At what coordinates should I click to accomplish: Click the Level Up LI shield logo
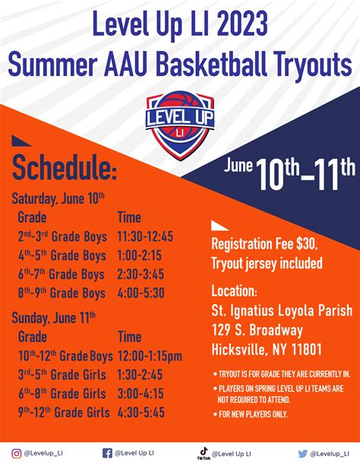(x=180, y=125)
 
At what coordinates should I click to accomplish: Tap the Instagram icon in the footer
(x=17, y=454)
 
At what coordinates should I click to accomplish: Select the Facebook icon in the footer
(x=107, y=453)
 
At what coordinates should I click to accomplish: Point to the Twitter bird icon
(x=303, y=454)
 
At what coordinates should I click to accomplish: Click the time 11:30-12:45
(x=145, y=237)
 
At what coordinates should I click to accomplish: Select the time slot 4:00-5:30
(x=141, y=293)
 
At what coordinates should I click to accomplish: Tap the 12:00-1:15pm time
(x=150, y=356)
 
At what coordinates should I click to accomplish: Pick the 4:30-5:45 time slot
(x=141, y=413)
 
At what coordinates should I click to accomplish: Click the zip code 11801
(x=307, y=349)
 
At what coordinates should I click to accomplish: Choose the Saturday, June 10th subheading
(x=58, y=198)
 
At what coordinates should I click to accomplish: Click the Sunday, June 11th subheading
(x=54, y=318)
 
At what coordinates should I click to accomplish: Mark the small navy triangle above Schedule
(x=21, y=141)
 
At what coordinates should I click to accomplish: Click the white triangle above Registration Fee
(x=220, y=226)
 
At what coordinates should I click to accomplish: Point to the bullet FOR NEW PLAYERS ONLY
(x=251, y=414)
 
